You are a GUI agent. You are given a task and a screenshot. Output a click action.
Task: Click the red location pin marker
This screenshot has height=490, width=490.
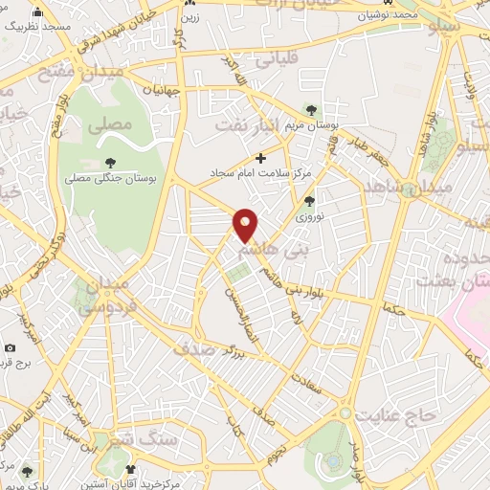pos(246,224)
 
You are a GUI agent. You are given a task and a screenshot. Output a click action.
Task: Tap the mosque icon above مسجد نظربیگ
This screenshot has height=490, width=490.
pos(38,12)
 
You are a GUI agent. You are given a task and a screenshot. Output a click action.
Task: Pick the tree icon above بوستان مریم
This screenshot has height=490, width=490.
pos(308,109)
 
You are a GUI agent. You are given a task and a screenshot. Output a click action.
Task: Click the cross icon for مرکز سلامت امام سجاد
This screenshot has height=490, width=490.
pos(260,158)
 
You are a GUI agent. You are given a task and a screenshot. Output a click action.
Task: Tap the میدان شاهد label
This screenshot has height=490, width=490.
pos(440,188)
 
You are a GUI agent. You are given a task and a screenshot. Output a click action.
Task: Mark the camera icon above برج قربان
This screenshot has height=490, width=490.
pos(11,347)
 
